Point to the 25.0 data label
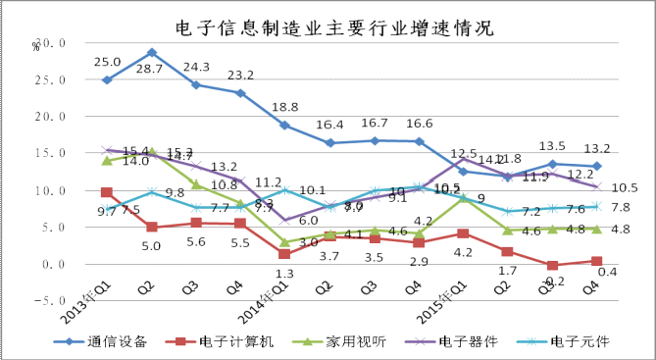tap(107, 62)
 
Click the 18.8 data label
tap(285, 108)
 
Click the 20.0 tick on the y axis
tap(51, 117)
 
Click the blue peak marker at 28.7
tap(152, 52)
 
